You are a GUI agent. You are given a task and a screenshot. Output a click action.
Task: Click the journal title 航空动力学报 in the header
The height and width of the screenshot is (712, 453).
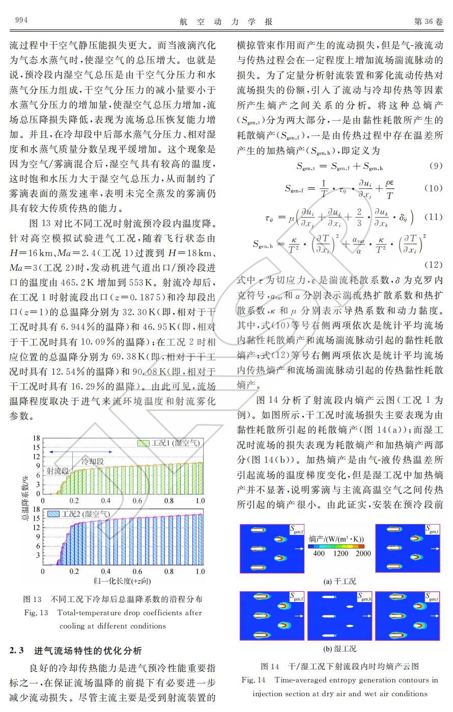(226, 21)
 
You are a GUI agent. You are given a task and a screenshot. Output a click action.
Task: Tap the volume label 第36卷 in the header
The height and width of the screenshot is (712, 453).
(429, 21)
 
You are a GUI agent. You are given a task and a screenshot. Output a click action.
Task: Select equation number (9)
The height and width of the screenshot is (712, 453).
(435, 166)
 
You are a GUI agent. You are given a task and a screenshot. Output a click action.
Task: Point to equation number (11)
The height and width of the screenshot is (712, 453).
(433, 216)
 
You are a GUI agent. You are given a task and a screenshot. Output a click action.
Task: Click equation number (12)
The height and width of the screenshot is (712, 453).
(433, 264)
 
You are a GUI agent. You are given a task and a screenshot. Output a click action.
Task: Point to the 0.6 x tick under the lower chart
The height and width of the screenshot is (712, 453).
(137, 571)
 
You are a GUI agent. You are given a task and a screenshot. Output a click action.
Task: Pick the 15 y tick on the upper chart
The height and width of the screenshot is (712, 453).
(37, 447)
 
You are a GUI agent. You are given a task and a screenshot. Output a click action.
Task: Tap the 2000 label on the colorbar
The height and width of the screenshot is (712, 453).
(363, 554)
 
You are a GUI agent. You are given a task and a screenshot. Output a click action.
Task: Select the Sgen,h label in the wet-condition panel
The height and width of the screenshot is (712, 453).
(364, 597)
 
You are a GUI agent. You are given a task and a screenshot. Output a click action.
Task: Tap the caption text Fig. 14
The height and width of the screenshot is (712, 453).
(254, 679)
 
